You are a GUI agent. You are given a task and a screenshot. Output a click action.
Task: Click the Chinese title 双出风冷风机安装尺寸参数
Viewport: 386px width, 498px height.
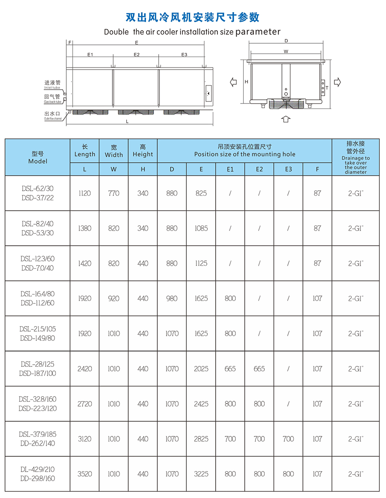tap(193, 17)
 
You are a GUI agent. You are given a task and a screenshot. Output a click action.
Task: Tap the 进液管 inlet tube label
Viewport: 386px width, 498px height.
tap(52, 83)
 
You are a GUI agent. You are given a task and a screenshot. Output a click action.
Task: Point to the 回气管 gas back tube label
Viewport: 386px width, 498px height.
tap(52, 97)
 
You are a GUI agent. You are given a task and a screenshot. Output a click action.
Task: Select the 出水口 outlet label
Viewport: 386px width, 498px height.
tap(52, 114)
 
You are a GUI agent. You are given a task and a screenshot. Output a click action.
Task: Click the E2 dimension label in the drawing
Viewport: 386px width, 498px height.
tap(136, 55)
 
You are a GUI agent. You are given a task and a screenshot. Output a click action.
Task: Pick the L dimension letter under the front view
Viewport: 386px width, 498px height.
tap(127, 122)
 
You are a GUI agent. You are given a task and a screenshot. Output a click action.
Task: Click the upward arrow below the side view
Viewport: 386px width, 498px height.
tap(286, 119)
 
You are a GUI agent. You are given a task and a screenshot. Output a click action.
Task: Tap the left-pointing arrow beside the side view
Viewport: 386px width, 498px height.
tap(234, 82)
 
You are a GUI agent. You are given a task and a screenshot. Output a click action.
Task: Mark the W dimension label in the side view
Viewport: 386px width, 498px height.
tap(286, 52)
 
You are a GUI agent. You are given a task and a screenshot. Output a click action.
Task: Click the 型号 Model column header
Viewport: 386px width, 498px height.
tap(38, 157)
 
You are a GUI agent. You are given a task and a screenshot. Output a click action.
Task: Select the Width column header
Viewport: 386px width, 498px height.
tap(114, 151)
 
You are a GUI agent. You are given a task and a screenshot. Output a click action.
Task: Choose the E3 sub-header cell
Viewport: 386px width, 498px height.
tap(288, 169)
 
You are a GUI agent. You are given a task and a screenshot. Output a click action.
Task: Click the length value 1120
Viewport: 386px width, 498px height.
tap(84, 193)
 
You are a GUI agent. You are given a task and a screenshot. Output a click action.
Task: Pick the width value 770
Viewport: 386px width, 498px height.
tap(114, 193)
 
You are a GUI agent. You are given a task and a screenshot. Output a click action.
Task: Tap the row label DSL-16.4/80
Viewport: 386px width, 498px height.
tap(38, 294)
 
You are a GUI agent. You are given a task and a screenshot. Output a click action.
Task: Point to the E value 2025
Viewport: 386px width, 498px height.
tap(201, 369)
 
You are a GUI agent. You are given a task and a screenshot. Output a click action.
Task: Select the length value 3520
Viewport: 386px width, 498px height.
tap(84, 474)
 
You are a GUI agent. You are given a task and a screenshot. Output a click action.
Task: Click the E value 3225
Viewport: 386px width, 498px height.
tap(201, 474)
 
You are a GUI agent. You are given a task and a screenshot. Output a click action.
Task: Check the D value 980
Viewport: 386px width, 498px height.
tap(172, 298)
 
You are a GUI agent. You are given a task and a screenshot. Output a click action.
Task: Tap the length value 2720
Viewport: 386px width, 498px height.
tap(84, 404)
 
